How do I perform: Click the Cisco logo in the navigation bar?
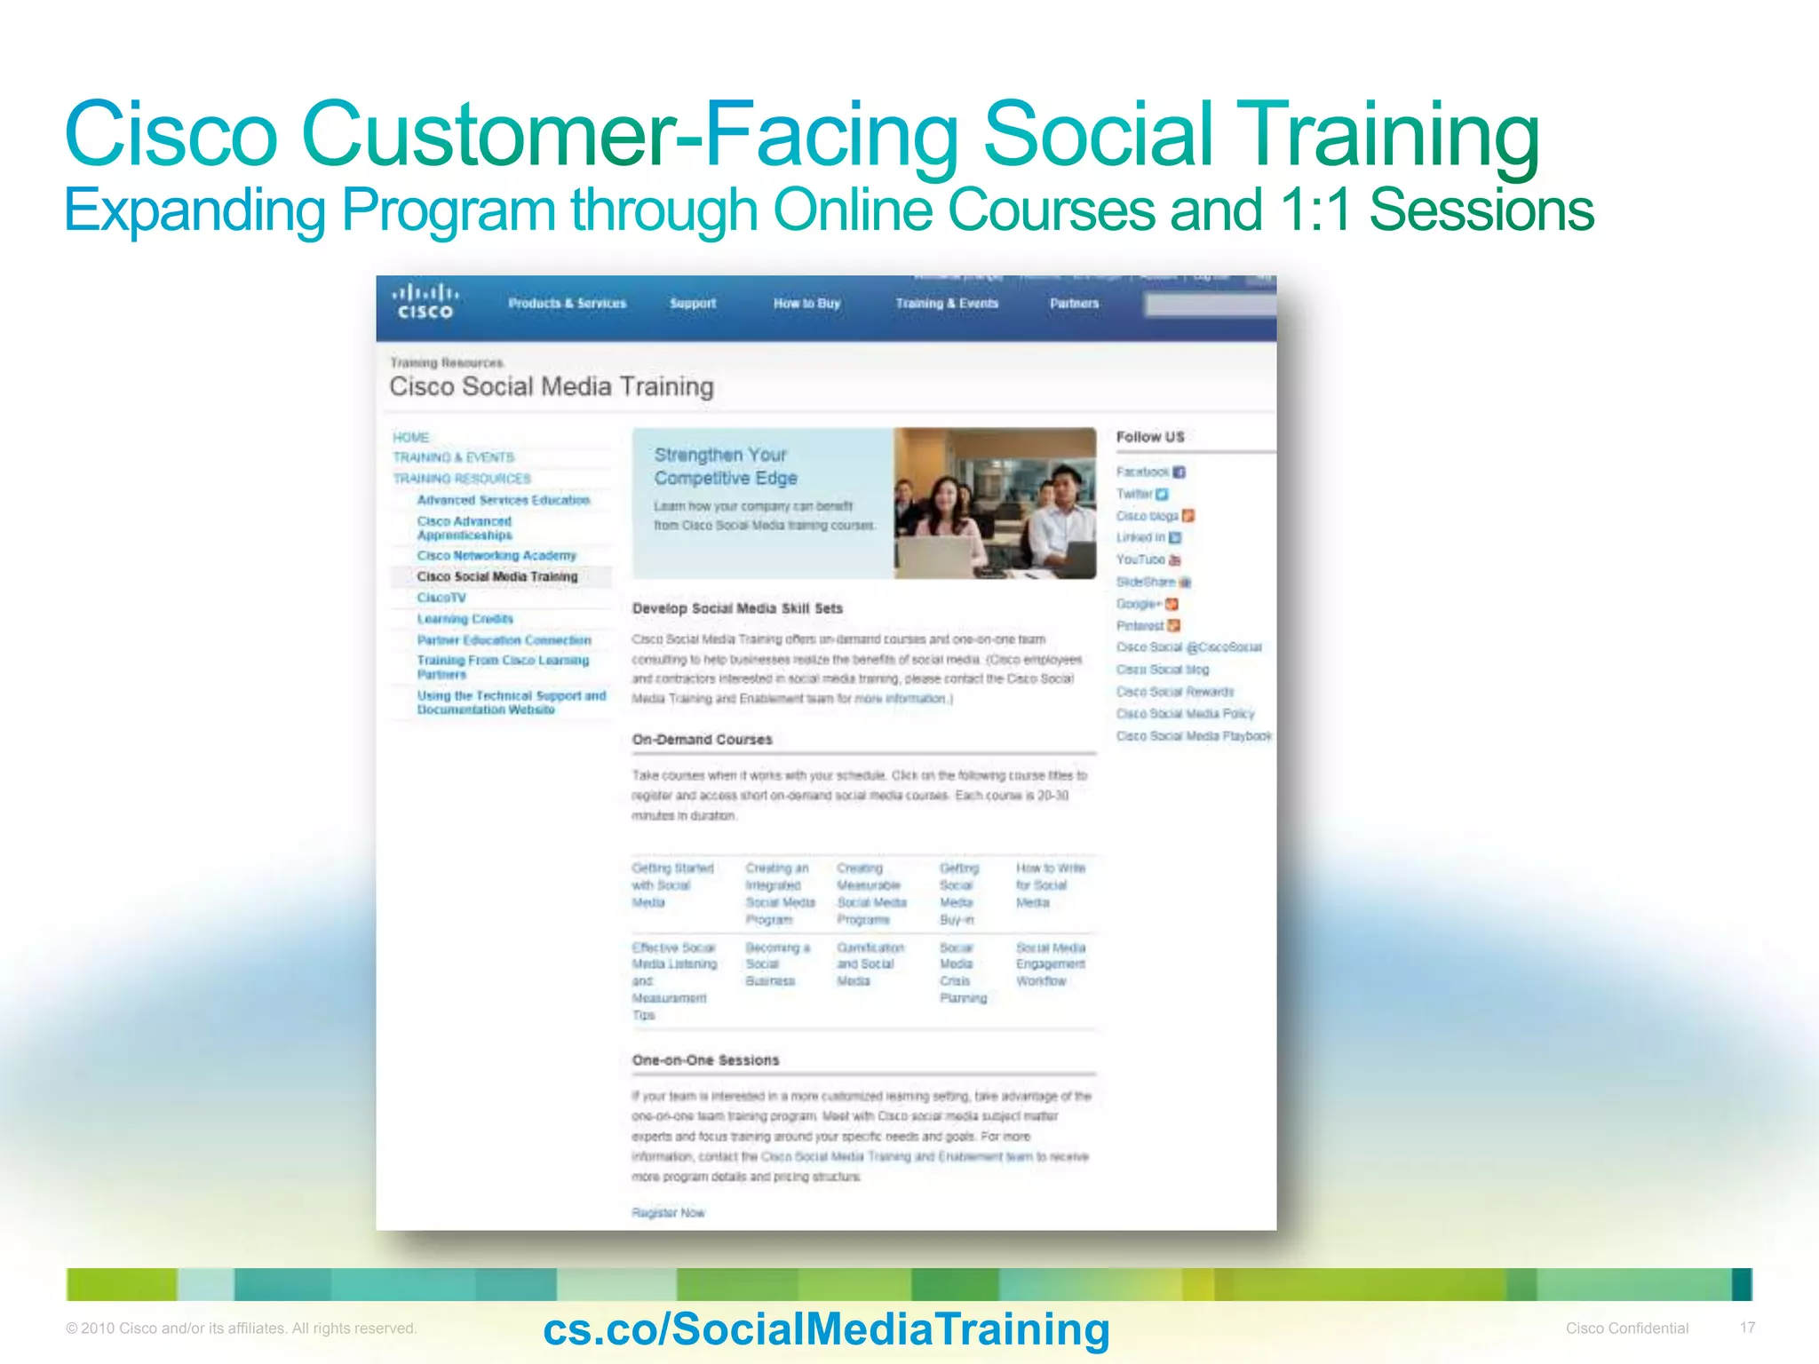(425, 302)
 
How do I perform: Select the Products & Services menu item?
(567, 304)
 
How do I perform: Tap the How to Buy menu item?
(806, 304)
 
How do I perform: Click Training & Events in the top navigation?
(947, 304)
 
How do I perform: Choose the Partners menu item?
(1074, 304)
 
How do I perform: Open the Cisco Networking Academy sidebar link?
(496, 556)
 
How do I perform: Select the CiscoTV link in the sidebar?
(441, 598)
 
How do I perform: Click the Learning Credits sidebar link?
(465, 619)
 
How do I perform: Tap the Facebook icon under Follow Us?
(1179, 472)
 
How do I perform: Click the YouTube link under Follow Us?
(1140, 559)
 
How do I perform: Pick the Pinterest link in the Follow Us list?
(1140, 625)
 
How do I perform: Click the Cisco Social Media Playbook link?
(1194, 736)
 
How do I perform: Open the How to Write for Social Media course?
(1050, 884)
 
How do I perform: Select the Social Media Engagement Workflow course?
(1050, 964)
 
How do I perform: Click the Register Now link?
(668, 1213)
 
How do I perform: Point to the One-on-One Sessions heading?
(705, 1060)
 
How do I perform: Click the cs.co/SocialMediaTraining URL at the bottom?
(826, 1329)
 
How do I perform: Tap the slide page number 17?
(1747, 1328)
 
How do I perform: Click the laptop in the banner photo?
(941, 554)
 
